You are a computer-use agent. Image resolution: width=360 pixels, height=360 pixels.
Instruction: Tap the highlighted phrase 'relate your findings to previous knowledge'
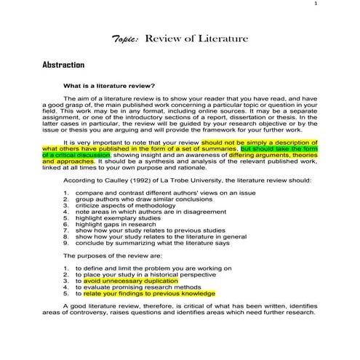(x=150, y=294)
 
